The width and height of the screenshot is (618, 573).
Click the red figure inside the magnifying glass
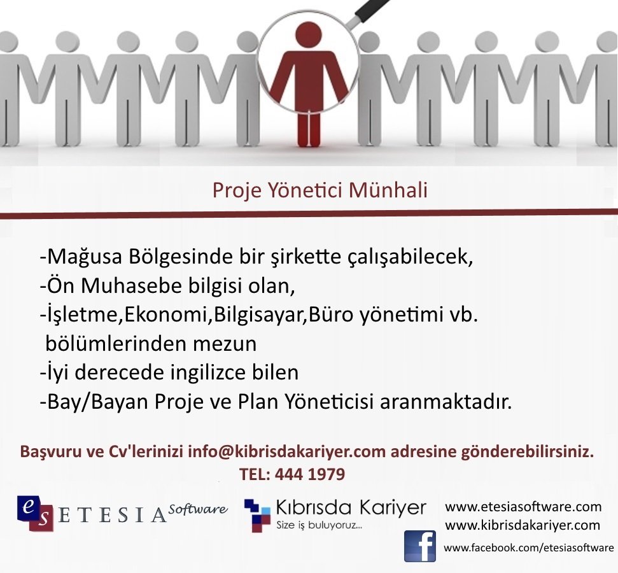309,83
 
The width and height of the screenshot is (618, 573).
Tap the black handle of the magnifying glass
372,10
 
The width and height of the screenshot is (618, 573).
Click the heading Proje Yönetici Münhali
320,191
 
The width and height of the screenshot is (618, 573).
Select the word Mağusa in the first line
85,257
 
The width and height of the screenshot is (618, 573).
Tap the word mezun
225,344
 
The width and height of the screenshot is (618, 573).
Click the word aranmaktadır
446,402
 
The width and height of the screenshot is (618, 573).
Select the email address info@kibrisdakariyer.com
286,452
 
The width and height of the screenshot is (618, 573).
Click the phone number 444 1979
310,474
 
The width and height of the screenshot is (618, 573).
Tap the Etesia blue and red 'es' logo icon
36,513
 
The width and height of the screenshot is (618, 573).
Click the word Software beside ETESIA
198,509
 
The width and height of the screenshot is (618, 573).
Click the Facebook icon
420,546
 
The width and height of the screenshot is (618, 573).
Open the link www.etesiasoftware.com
523,507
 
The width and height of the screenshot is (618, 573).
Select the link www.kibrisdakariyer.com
523,525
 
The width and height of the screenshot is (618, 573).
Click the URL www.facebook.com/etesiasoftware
528,548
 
